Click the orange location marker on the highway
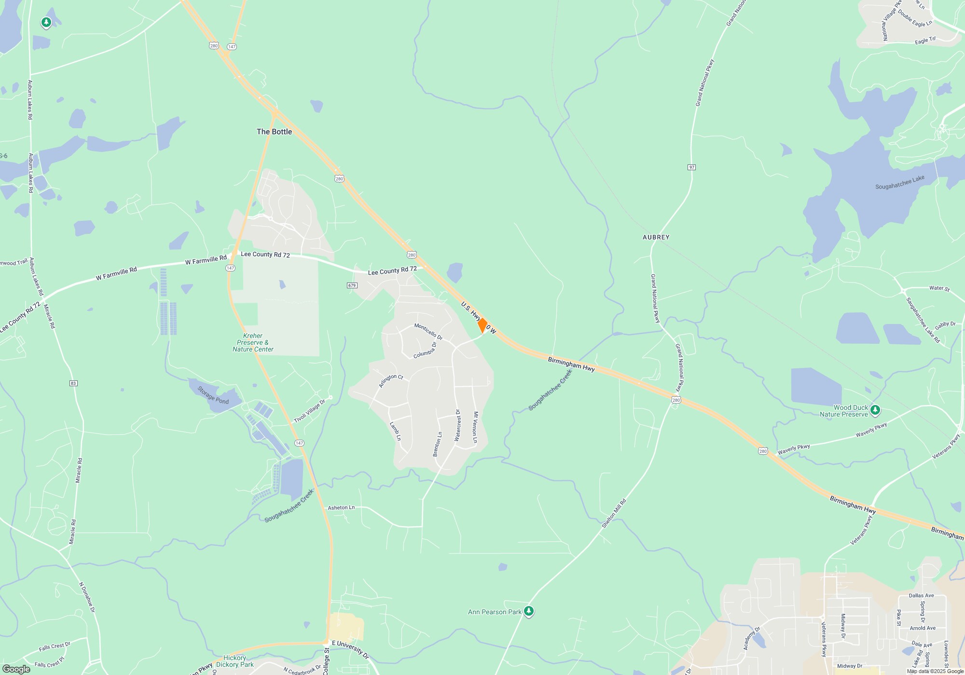point(482,325)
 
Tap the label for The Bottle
point(274,132)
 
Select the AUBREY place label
point(656,237)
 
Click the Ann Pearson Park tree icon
point(529,611)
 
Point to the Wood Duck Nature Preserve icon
point(875,410)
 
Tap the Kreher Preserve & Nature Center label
point(253,342)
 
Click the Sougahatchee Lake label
point(899,182)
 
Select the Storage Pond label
point(213,395)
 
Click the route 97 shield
point(691,167)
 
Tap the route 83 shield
point(73,383)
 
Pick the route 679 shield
point(352,285)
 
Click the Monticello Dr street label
point(428,331)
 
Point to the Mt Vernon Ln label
point(475,427)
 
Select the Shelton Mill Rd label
point(613,513)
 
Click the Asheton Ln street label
point(341,508)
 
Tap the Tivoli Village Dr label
point(310,411)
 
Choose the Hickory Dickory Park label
point(235,661)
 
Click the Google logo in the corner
point(16,669)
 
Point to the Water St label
point(939,288)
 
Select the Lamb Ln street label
point(395,431)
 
